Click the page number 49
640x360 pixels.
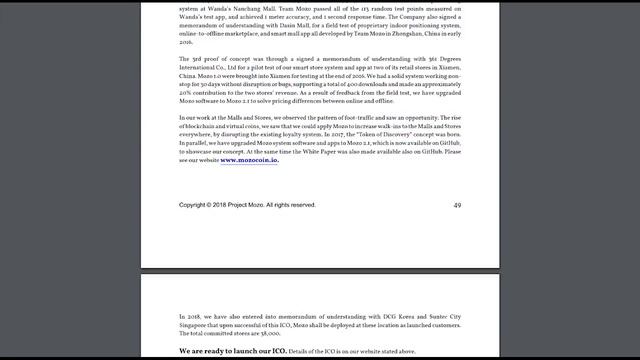[x=457, y=205]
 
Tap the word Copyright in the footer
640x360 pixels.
[x=196, y=205]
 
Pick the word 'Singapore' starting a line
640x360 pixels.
[x=196, y=324]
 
